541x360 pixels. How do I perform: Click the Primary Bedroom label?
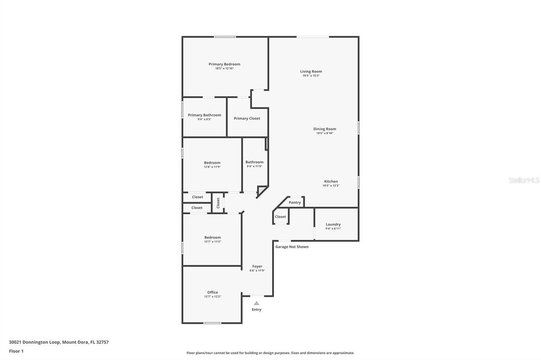224,64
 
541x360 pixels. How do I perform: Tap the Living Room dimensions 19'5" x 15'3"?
311,75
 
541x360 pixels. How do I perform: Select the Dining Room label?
324,129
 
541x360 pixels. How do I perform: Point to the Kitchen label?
331,182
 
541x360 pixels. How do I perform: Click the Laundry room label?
333,224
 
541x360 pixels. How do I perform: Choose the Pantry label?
295,203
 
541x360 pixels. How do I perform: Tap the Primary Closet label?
247,118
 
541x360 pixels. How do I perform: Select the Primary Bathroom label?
204,115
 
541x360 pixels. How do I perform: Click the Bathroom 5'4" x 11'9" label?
254,162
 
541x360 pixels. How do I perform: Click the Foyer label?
257,267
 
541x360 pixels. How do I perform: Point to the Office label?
212,292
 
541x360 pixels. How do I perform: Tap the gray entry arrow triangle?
256,303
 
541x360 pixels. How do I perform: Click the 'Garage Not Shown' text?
292,247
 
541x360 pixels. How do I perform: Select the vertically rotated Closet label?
218,203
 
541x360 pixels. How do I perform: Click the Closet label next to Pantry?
281,216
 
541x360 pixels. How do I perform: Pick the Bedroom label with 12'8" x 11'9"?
212,163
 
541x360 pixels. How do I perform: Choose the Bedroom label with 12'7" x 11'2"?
212,238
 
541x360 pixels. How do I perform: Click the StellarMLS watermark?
524,180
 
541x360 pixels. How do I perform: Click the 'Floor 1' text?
16,351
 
